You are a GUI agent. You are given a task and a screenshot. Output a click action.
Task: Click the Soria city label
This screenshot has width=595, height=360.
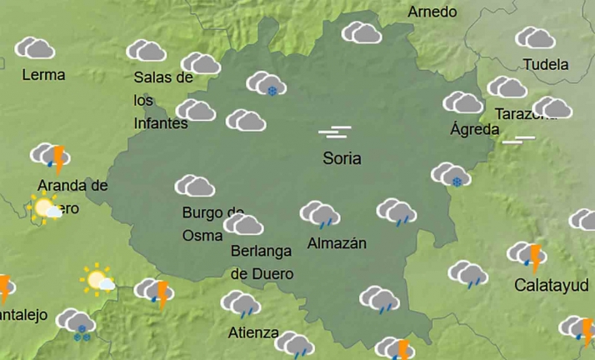pos(342,157)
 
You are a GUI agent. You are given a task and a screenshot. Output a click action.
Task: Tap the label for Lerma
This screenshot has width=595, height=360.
pos(43,74)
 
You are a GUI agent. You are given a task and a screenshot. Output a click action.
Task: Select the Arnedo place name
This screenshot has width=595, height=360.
pos(432,12)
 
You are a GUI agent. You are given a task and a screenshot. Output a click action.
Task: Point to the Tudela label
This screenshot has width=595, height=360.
pos(546,64)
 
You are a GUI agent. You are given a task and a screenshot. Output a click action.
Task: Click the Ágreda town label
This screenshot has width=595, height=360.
pos(474,129)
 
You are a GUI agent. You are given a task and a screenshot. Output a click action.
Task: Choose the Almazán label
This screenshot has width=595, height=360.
pos(337,243)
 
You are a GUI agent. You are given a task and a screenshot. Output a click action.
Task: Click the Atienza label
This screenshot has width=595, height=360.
pos(253,332)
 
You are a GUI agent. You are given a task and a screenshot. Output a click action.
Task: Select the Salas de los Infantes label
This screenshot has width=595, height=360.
pos(162,100)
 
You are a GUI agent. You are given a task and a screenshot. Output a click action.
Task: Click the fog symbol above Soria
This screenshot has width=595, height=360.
pos(334,132)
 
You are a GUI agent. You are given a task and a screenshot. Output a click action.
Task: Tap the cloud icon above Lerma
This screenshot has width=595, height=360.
pos(34,47)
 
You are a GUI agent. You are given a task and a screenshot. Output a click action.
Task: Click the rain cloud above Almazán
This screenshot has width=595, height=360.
pos(319,214)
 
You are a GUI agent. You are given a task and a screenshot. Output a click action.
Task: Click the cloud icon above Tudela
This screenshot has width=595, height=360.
pos(535,37)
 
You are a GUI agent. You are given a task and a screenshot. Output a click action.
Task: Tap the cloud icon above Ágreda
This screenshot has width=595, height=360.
pos(462,102)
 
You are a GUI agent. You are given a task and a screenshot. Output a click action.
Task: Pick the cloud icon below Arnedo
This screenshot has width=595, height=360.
pos(362,32)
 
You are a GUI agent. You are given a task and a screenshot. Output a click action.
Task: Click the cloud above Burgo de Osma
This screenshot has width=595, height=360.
pos(194,186)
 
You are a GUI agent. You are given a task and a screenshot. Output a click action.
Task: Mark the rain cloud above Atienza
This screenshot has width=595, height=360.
pos(241,304)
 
